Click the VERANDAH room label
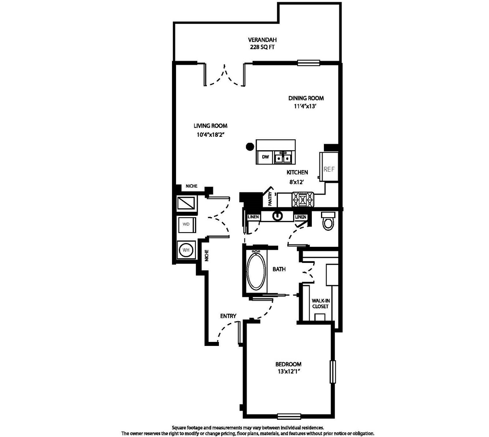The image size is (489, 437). (x=262, y=40)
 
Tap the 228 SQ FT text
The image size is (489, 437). (x=262, y=47)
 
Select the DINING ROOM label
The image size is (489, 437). (x=306, y=98)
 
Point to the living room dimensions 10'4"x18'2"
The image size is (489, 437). (x=211, y=135)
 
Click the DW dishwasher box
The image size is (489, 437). (x=265, y=157)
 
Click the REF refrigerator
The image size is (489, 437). (x=329, y=166)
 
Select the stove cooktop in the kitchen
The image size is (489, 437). (x=303, y=199)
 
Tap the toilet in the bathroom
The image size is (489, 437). (x=328, y=221)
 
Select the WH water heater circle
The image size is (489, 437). (x=186, y=250)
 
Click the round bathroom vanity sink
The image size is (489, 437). (x=277, y=216)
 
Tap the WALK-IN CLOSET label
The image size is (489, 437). (x=320, y=304)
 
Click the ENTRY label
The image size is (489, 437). (x=228, y=316)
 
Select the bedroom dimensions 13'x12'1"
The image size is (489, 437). (x=288, y=372)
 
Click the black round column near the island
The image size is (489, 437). (x=250, y=147)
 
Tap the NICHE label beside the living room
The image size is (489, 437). (x=191, y=186)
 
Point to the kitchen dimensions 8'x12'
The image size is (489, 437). (x=296, y=182)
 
